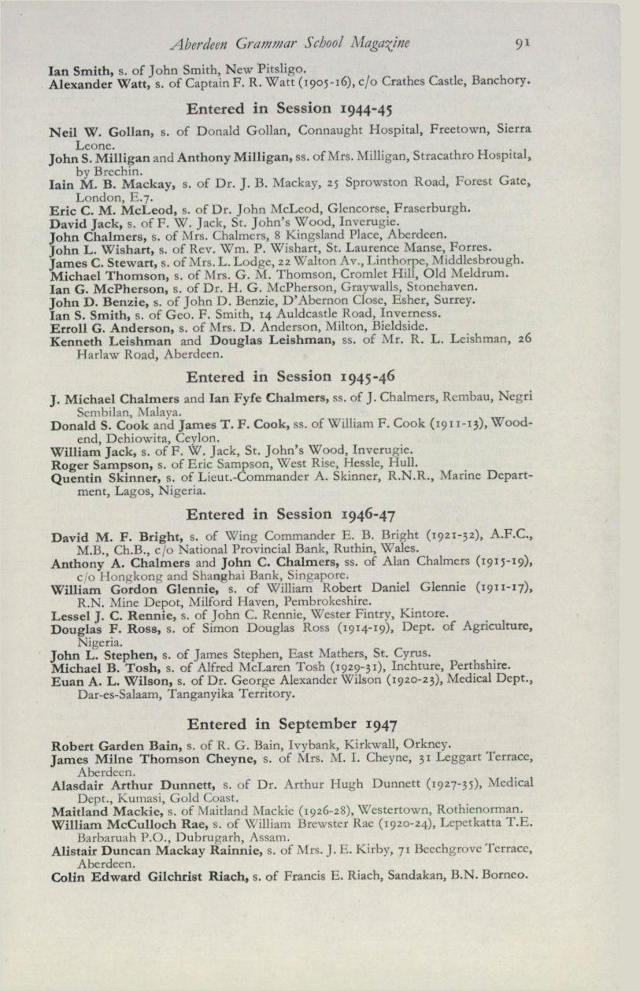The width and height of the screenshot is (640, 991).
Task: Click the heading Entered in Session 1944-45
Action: (289, 107)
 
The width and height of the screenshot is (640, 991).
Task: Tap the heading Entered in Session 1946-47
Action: (290, 515)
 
